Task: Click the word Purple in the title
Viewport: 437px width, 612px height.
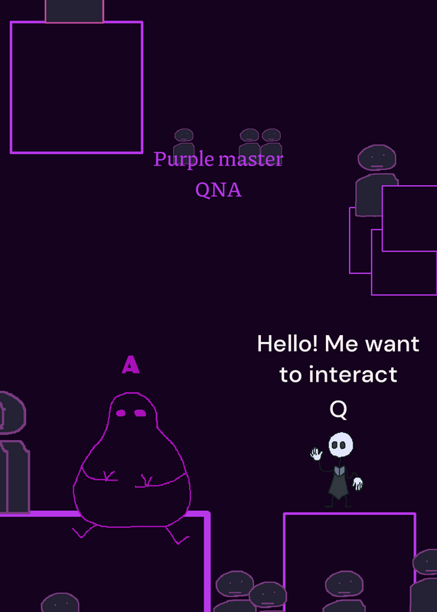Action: pyautogui.click(x=184, y=160)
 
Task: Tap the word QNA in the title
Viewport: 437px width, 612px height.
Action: pyautogui.click(x=218, y=190)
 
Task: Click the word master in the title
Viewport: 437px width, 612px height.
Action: pyautogui.click(x=251, y=159)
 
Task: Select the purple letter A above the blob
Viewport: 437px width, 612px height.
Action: pyautogui.click(x=130, y=365)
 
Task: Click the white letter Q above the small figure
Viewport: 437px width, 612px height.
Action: pyautogui.click(x=338, y=410)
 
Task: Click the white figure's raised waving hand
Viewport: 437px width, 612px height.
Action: pyautogui.click(x=316, y=454)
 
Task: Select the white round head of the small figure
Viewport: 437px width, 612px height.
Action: pyautogui.click(x=341, y=444)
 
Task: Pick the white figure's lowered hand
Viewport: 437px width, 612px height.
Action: pyautogui.click(x=357, y=484)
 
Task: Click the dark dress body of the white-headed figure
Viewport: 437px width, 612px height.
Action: pyautogui.click(x=338, y=483)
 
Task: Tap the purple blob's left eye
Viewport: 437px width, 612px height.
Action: pyautogui.click(x=121, y=413)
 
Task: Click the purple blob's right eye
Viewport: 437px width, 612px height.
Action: pyautogui.click(x=140, y=413)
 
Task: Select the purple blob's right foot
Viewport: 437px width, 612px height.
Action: pyautogui.click(x=178, y=536)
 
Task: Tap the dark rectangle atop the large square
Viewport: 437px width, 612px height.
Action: pyautogui.click(x=74, y=11)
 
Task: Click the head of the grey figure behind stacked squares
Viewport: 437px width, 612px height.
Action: pyautogui.click(x=377, y=158)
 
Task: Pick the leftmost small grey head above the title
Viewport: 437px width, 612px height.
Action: pyautogui.click(x=184, y=135)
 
